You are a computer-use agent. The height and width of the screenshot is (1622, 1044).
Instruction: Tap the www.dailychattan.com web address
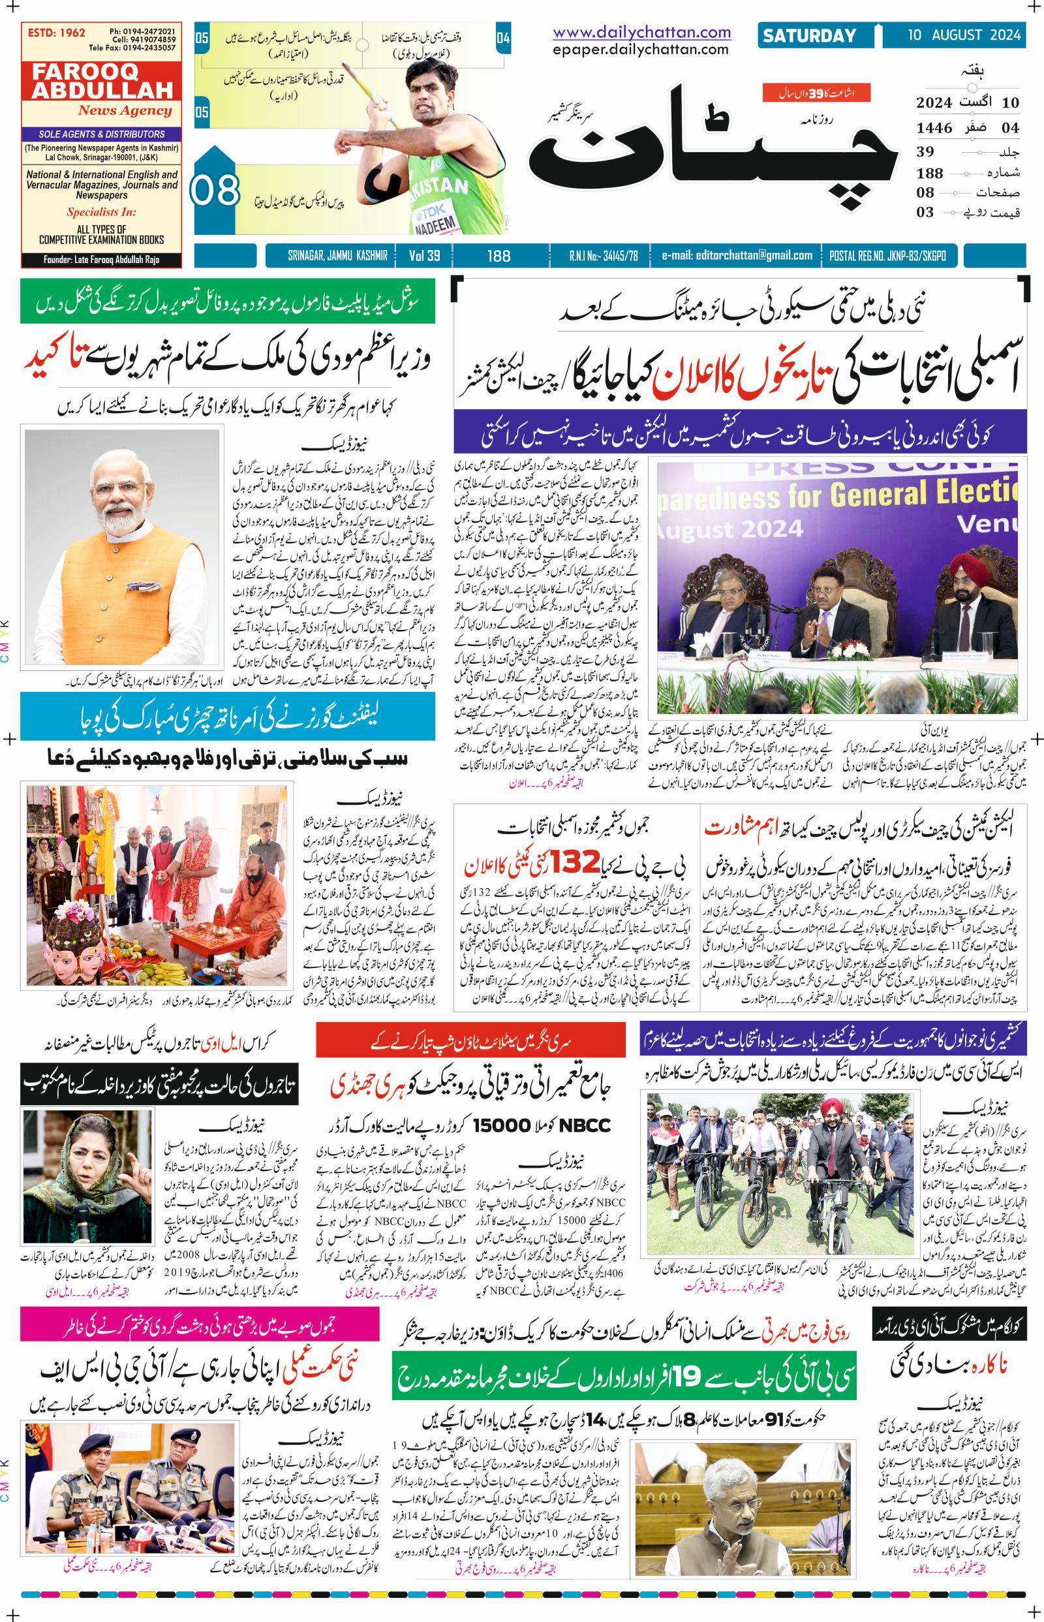[641, 32]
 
